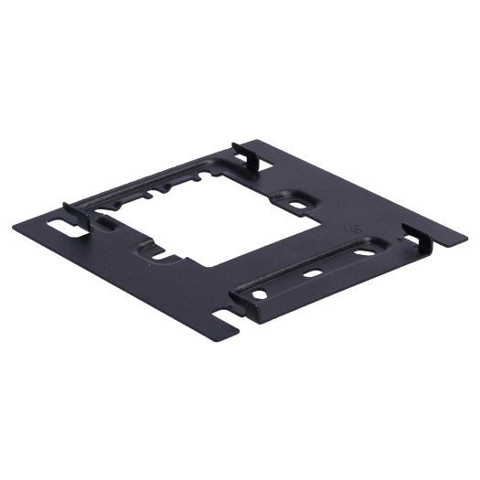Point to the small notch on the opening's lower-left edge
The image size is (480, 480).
click(161, 257)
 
